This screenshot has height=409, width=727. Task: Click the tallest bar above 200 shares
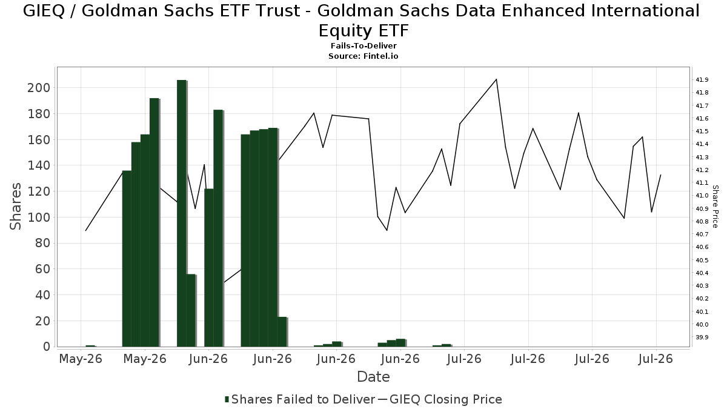[182, 213]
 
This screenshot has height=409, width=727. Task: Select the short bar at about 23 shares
[282, 332]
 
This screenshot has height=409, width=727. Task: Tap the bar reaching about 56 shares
[191, 310]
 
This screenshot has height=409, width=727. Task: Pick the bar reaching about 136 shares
[127, 259]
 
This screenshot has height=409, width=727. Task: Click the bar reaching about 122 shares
[209, 267]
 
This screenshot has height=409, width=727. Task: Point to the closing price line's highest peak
[496, 79]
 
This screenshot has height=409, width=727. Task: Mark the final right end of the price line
[660, 175]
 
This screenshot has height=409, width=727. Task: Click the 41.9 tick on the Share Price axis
[702, 80]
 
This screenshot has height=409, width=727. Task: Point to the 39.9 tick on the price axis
[702, 338]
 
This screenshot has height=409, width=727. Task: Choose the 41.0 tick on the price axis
[702, 195]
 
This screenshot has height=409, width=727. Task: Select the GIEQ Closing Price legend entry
[440, 399]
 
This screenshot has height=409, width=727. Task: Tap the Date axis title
[373, 377]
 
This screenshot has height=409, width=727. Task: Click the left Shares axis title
[15, 207]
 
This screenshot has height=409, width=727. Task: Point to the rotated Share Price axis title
[715, 207]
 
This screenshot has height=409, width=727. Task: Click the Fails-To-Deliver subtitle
[363, 46]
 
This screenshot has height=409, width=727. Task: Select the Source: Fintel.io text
[363, 56]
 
